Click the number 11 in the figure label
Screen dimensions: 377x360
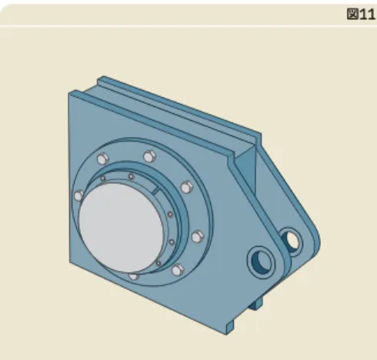pyautogui.click(x=368, y=15)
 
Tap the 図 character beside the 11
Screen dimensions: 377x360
pyautogui.click(x=352, y=14)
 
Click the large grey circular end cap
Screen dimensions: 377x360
pyautogui.click(x=121, y=228)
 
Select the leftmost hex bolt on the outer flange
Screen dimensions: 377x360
pyautogui.click(x=78, y=196)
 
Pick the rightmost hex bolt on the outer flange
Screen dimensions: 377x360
pyautogui.click(x=198, y=236)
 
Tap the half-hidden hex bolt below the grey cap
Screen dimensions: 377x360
pyautogui.click(x=134, y=276)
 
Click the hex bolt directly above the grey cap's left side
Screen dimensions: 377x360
pyautogui.click(x=103, y=159)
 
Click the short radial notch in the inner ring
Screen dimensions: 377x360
pyautogui.click(x=155, y=191)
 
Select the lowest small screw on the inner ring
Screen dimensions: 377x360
pyautogui.click(x=158, y=263)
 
